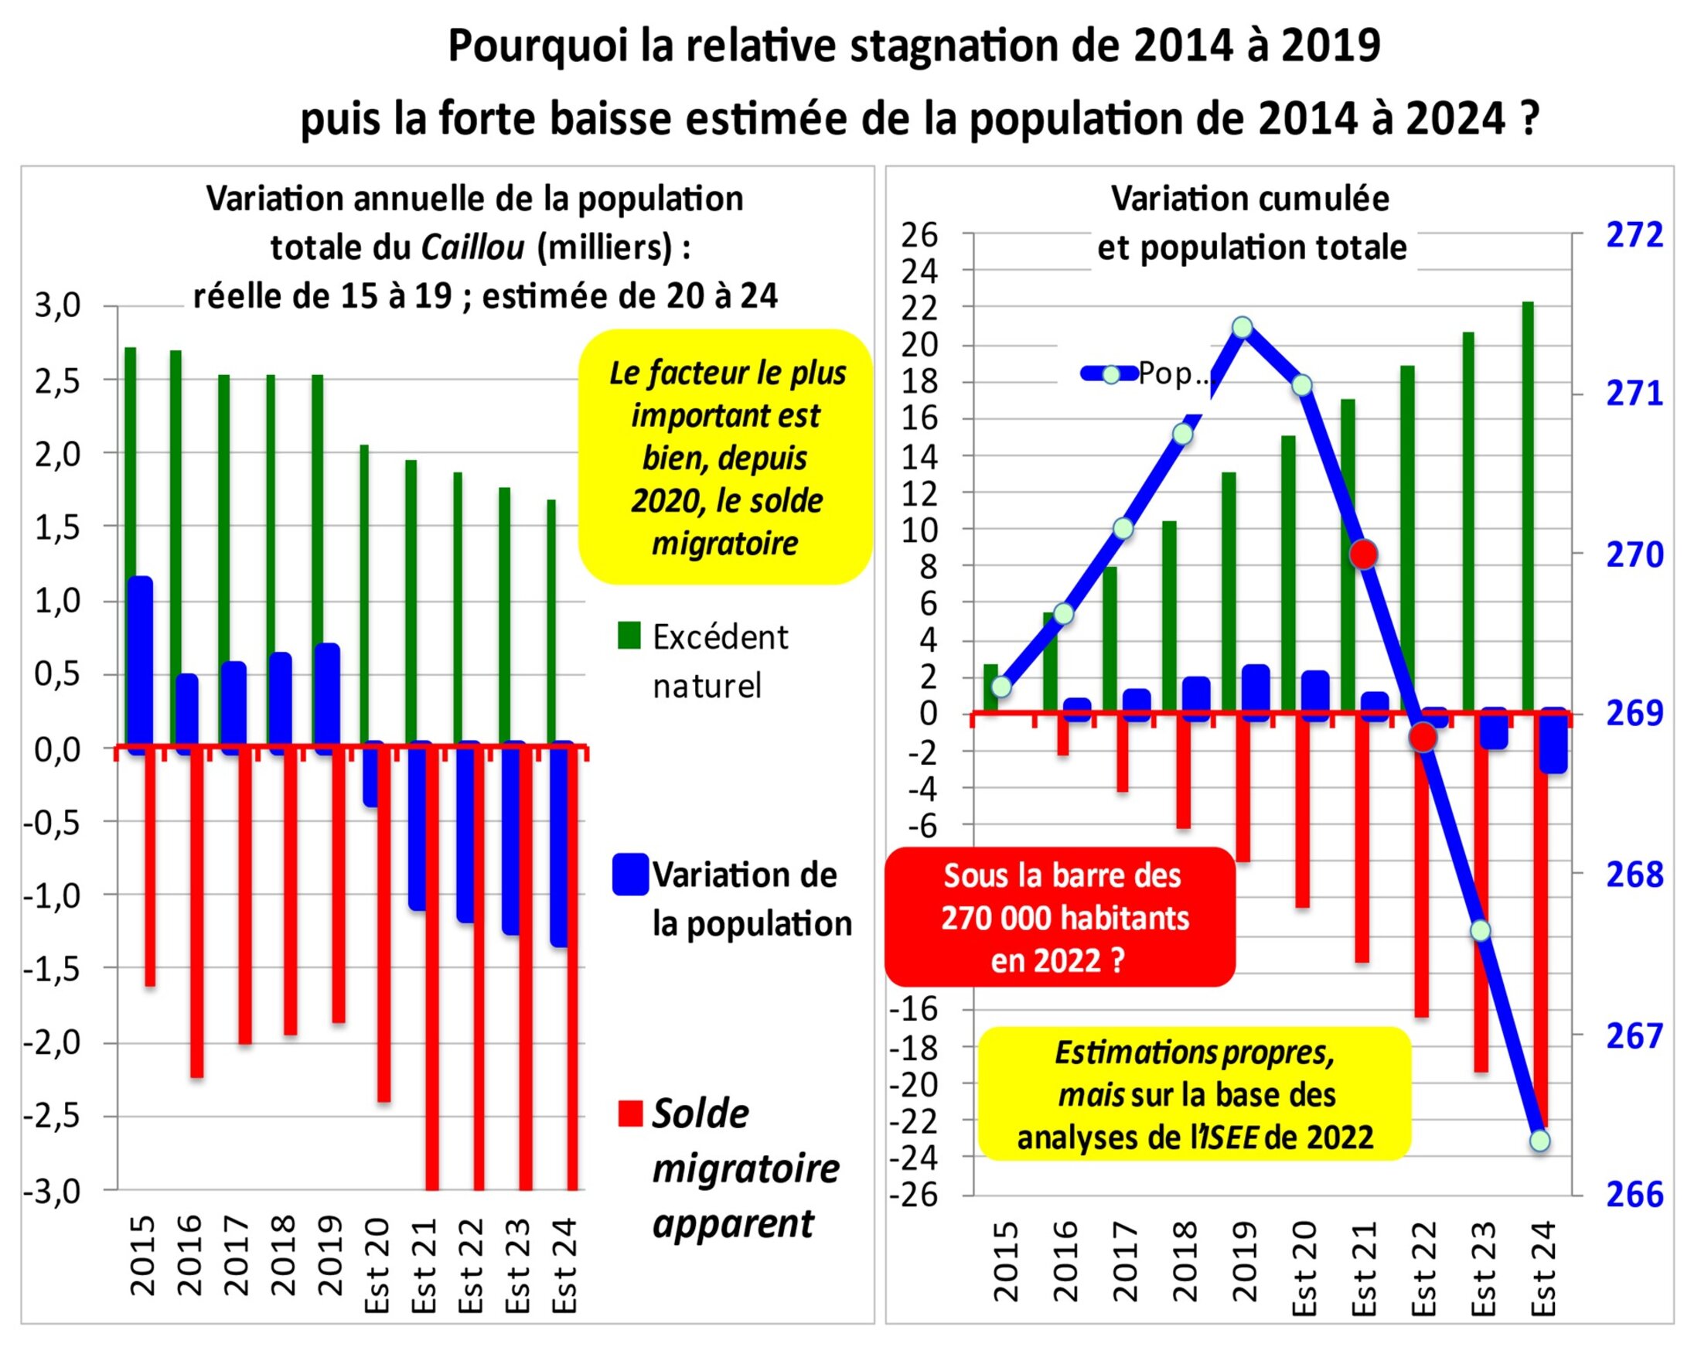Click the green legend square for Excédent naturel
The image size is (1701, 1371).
pos(629,636)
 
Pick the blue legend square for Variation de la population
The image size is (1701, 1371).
pos(630,875)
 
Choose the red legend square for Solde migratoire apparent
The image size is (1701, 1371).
pos(629,1114)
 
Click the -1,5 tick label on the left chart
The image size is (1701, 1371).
pos(52,969)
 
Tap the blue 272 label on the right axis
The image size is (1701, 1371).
pos(1634,234)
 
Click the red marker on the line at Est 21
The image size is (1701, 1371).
pos(1364,554)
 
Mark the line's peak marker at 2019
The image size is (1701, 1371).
pos(1243,327)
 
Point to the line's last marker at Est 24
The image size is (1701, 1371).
pos(1540,1141)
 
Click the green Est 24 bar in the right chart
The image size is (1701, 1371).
pos(1528,506)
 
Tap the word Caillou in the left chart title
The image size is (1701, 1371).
pos(472,248)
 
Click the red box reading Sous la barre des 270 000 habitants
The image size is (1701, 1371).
pos(1060,918)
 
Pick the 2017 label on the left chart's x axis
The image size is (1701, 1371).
pos(235,1255)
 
